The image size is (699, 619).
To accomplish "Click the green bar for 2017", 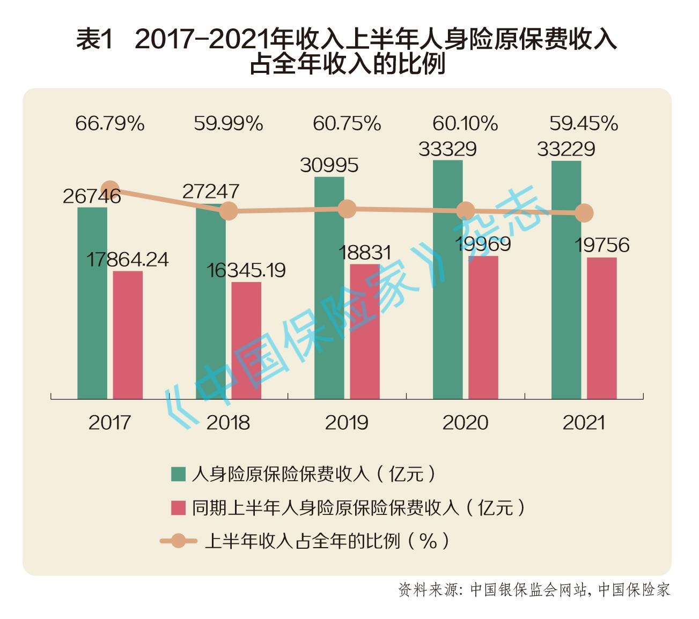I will coord(92,303).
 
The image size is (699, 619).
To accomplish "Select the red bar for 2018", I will coord(246,341).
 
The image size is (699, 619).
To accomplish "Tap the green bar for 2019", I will coord(329,288).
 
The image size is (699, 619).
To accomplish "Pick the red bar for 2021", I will coord(601,328).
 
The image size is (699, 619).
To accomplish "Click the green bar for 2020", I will coord(447,279).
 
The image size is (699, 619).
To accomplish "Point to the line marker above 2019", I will coord(347,209).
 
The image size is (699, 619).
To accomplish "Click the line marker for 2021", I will coord(584,213).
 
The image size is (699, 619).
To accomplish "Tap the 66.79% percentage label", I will coord(110,124).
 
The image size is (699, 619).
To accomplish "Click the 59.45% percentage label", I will coord(584,124).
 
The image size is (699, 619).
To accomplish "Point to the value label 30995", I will coord(329,165).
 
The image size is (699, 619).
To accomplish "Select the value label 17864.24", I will coord(128,260).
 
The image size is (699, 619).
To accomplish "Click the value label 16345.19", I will coord(246,270).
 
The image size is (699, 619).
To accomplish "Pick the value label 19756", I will coord(602,245).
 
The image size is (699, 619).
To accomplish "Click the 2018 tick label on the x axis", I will coord(229,423).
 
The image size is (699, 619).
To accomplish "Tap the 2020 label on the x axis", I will coord(465,423).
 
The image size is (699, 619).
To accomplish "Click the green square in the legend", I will coord(179,474).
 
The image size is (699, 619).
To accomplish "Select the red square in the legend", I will coord(179,507).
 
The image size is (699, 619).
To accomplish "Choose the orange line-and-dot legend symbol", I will coord(179,541).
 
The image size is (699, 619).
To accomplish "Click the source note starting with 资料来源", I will coord(534,589).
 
